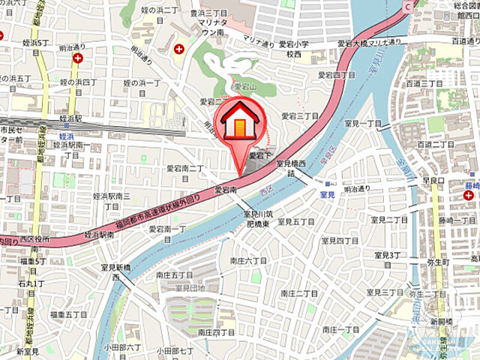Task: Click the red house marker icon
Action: point(238,123)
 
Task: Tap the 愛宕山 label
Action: point(246,87)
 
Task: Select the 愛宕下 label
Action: point(260,154)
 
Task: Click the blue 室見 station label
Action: point(326,194)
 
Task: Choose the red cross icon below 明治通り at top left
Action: point(78,57)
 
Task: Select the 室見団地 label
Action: point(190,287)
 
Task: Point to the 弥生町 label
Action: point(436,262)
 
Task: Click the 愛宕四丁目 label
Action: point(334,75)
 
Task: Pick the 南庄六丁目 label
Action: point(249,260)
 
